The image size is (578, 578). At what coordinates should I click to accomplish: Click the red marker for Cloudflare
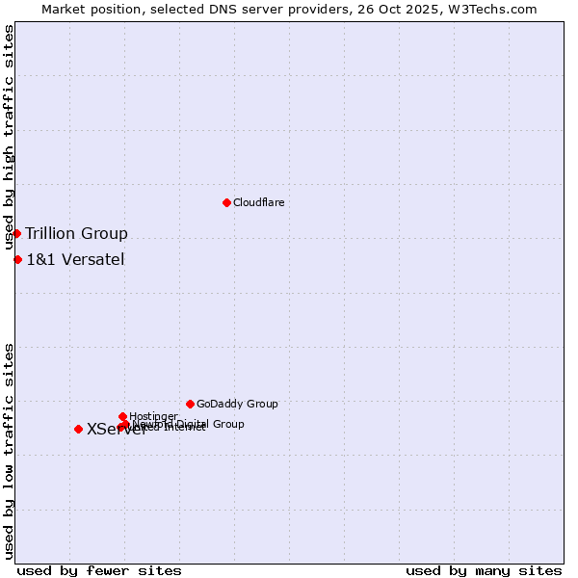(x=226, y=202)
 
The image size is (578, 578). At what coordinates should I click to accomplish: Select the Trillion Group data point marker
(x=16, y=233)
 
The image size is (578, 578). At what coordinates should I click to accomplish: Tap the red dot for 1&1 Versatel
(x=17, y=259)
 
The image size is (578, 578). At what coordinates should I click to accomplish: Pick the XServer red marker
(x=78, y=429)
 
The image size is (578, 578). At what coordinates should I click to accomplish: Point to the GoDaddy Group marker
(x=190, y=404)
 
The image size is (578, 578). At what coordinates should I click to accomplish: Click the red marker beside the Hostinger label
(x=122, y=416)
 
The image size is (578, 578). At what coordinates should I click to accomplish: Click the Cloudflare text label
(x=258, y=202)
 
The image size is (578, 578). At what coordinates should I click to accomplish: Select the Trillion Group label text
(x=76, y=233)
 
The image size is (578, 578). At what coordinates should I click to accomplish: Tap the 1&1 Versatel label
(x=75, y=259)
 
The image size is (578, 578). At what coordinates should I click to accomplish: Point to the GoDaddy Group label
(x=237, y=404)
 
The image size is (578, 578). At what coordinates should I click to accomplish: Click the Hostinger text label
(x=153, y=416)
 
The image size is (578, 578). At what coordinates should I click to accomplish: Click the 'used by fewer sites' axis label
(x=99, y=570)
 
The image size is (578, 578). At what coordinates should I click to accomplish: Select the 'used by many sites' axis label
(x=484, y=570)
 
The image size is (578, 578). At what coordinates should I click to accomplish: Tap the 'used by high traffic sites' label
(x=9, y=137)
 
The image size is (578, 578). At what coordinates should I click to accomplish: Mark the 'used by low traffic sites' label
(x=9, y=450)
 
